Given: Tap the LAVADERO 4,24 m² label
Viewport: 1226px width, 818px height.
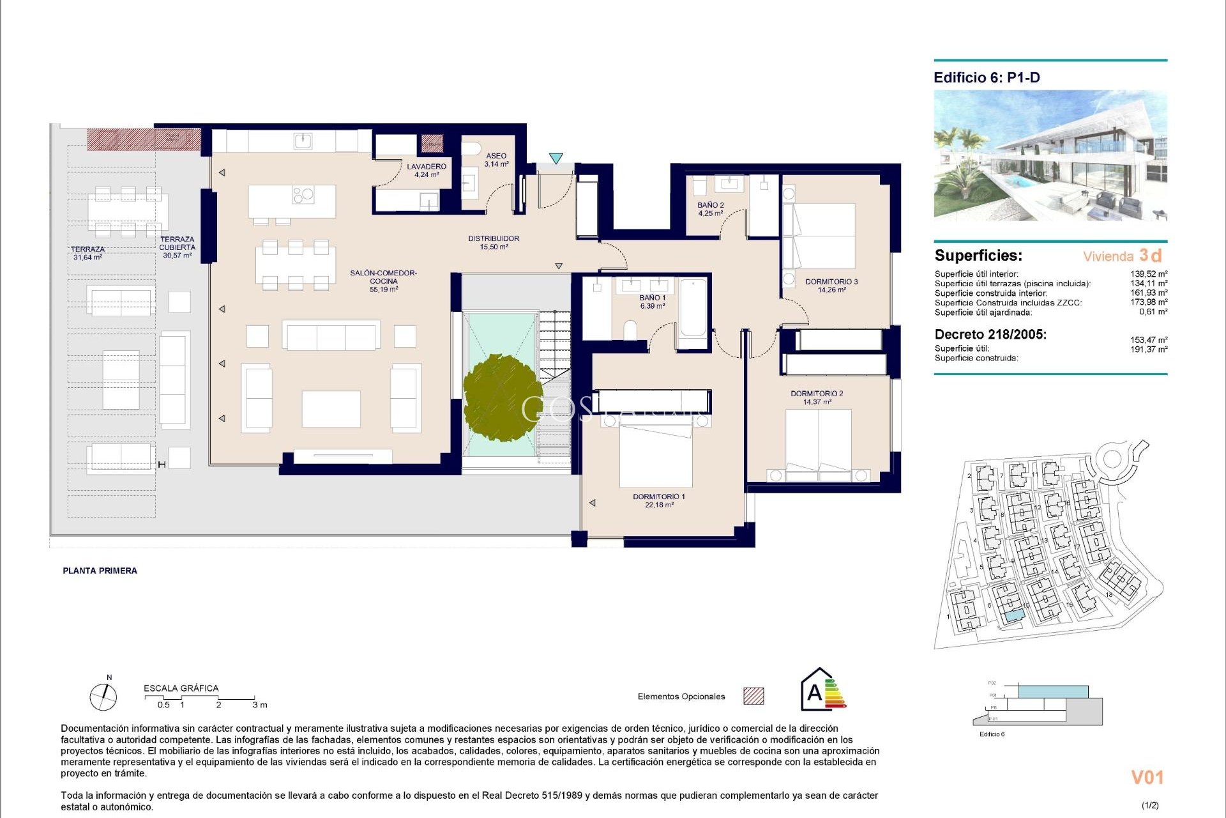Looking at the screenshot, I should click(x=427, y=170).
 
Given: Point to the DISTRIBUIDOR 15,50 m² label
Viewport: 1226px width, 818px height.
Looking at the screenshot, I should click(x=494, y=242).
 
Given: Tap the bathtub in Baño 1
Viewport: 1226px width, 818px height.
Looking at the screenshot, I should click(x=693, y=307).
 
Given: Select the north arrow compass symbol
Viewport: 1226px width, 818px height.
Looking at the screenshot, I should click(x=103, y=697).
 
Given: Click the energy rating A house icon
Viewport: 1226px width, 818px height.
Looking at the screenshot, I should click(x=822, y=690).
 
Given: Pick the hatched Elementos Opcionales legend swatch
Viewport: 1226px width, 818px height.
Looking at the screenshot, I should click(x=753, y=696).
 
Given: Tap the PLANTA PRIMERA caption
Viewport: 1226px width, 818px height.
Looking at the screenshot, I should click(x=100, y=571).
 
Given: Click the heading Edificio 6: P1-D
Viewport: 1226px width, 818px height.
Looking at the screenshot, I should click(x=987, y=78).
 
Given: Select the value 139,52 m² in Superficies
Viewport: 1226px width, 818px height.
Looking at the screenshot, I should click(x=1148, y=274).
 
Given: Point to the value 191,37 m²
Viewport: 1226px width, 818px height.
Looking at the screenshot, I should click(x=1148, y=350).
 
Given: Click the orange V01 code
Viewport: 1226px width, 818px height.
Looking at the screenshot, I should click(x=1147, y=777).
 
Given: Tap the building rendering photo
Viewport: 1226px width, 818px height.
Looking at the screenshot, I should click(x=1050, y=155).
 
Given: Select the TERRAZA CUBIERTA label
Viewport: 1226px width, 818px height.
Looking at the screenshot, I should click(x=177, y=247).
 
